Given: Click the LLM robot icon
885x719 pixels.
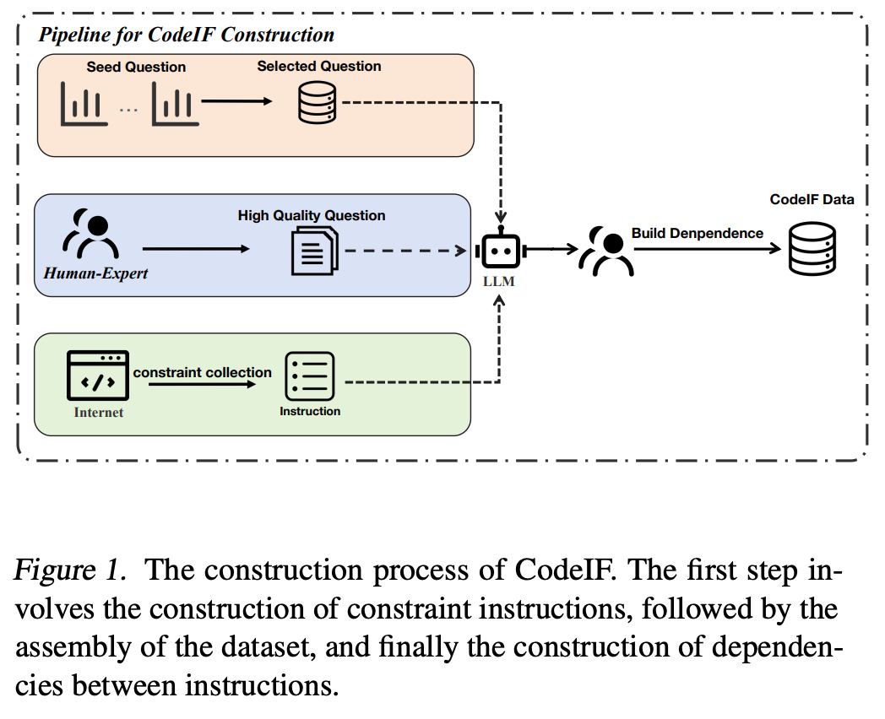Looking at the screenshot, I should coord(500,250).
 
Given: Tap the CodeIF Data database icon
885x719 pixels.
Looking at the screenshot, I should coord(812,248).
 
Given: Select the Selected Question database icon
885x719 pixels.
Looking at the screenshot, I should coord(318,105).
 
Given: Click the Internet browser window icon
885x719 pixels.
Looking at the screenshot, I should coord(99,376).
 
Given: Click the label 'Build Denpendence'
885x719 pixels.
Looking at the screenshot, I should coord(697,233).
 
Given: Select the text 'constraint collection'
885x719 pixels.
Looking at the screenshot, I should coord(202,372).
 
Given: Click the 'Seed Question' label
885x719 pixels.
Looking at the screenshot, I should coord(136,67).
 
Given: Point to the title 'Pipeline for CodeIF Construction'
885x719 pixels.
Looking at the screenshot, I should coord(186,35).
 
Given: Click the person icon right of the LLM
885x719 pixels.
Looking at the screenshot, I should coord(607,251).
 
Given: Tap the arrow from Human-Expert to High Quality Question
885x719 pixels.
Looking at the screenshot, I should coord(196,249).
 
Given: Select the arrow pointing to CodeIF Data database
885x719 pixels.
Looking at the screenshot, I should coord(709,250).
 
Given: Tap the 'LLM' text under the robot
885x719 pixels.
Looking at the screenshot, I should coord(499,281).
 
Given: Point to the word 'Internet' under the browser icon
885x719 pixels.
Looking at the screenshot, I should coord(98,412).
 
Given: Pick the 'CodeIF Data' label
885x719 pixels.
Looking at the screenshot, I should coord(812,200).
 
